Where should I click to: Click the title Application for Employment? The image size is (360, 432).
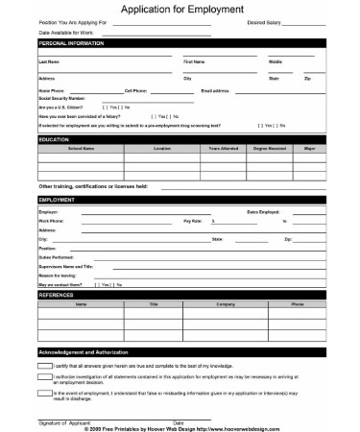pos(180,9)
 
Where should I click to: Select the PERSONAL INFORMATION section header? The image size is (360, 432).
pos(73,44)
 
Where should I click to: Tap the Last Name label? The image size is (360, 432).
pos(49,60)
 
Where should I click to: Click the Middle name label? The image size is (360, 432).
pos(276,60)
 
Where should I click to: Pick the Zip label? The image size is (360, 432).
pos(306,77)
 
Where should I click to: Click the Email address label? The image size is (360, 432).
pos(217,90)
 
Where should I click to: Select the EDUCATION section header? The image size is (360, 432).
pos(54,139)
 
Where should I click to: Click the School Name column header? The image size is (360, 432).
pos(81,149)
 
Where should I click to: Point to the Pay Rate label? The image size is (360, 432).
pos(193,221)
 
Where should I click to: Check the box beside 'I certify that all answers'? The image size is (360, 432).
pos(45,367)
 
